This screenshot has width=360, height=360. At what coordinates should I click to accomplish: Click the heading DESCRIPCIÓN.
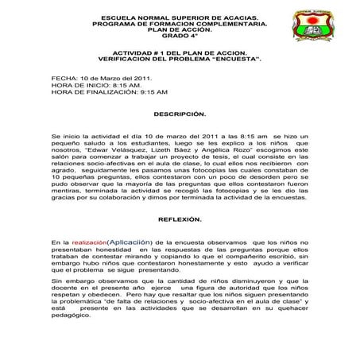(x=180, y=114)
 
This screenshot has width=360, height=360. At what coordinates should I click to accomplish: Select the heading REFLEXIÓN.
(x=180, y=218)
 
